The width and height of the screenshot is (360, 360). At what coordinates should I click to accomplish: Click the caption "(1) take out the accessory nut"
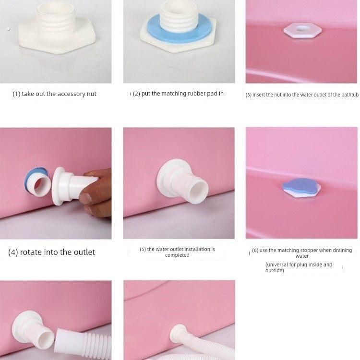coord(55,94)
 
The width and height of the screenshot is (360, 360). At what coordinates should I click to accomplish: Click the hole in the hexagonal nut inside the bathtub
coord(300,29)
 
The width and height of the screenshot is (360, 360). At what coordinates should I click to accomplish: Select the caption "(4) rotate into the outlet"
coord(52,252)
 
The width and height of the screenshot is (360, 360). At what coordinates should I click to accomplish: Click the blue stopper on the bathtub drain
coord(300,185)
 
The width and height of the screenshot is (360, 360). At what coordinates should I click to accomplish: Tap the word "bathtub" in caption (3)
coord(349,95)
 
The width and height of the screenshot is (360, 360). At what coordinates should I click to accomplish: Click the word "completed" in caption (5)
coord(177,255)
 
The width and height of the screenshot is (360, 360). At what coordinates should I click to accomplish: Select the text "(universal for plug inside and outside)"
coord(299,267)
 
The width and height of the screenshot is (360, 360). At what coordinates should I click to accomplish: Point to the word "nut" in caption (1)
coord(91,94)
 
